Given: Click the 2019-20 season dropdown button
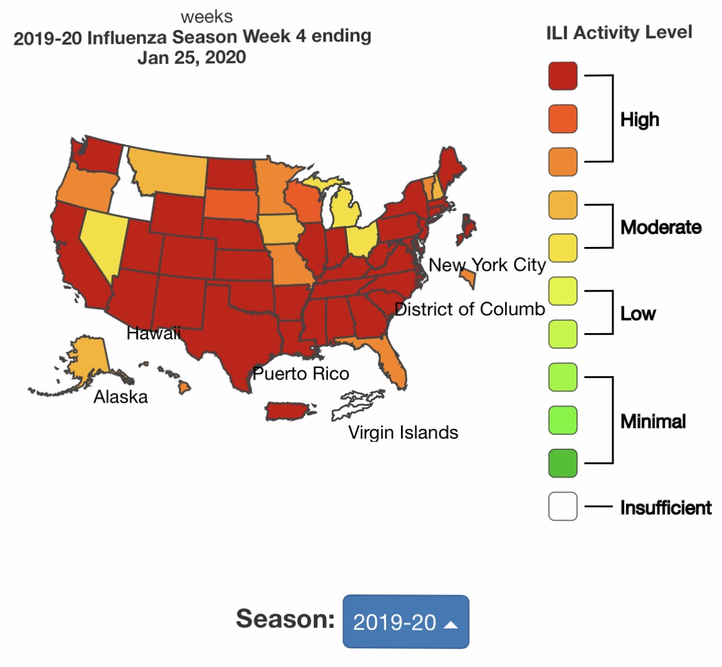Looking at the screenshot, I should (x=406, y=622).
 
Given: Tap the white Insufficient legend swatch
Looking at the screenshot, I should (x=563, y=506).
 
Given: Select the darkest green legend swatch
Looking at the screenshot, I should (x=563, y=463).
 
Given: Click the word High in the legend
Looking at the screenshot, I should (x=640, y=119).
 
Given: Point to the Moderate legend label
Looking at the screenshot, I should (x=661, y=227).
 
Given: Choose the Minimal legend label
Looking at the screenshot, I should (x=653, y=422).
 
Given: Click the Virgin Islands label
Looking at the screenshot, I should (x=403, y=432).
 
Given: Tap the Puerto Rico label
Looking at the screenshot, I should (x=301, y=374).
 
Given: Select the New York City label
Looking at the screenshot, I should (x=487, y=265).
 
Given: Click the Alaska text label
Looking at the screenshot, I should (x=121, y=396).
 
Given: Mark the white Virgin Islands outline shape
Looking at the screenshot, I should (x=356, y=405).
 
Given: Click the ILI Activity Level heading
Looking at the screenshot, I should (x=619, y=32).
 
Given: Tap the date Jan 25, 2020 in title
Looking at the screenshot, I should (x=192, y=58).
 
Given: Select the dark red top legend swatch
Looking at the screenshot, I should (x=563, y=76).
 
